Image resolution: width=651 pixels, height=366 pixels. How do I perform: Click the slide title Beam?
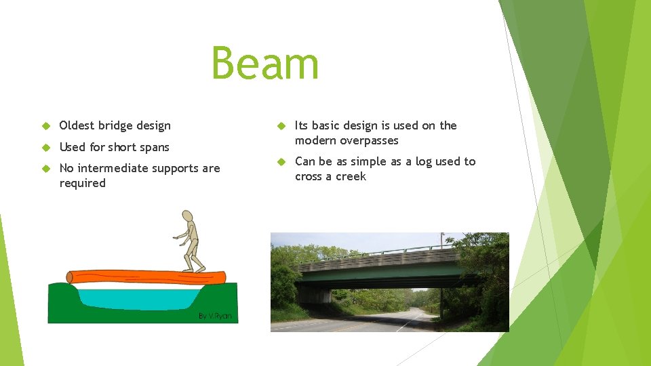coord(264,63)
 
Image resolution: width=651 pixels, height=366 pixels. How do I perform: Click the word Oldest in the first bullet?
coord(77,125)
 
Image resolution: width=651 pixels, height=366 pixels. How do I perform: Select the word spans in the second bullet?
coord(154,147)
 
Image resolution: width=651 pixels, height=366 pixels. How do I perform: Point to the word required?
coord(82,183)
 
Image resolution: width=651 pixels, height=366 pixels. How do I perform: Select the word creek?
coord(351,176)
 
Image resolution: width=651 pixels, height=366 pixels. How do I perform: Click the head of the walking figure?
coord(187,218)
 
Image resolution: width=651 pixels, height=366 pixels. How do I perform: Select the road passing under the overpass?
coord(380,323)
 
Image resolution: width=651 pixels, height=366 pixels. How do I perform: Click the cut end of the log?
coord(71,277)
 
